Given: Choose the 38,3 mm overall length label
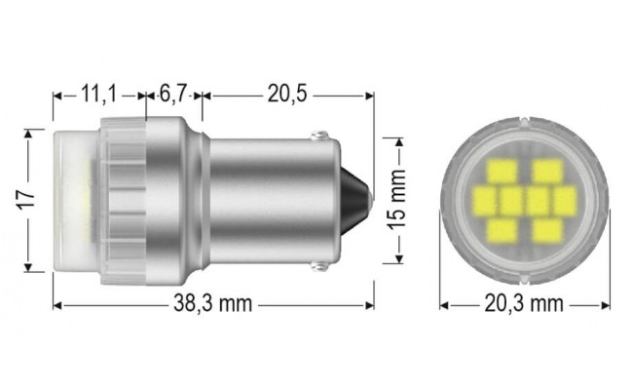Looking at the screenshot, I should tap(213, 304).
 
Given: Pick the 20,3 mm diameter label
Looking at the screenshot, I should tap(523, 304).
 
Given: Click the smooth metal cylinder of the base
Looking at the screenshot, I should tap(263, 200).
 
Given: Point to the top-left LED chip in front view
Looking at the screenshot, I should tap(503, 172).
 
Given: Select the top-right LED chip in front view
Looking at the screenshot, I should tap(547, 172).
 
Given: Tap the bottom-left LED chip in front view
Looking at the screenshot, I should tap(503, 231).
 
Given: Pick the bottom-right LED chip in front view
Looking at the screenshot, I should tap(547, 231).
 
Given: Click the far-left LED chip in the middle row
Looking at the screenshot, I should tap(486, 201).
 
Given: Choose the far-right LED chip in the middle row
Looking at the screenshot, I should tap(565, 201).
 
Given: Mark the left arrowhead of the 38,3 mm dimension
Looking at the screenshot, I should tap(57, 304).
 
